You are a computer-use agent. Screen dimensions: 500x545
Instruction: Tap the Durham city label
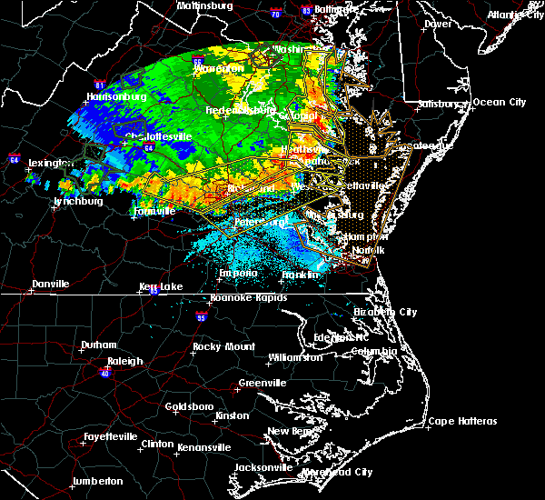click(98, 345)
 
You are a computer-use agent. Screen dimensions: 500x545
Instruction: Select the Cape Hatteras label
click(462, 421)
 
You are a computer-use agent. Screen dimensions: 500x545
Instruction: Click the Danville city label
click(50, 284)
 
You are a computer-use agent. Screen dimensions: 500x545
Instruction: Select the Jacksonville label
click(263, 467)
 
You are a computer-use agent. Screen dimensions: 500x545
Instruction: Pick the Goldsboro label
click(190, 405)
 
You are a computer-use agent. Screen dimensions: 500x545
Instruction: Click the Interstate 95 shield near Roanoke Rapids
click(201, 315)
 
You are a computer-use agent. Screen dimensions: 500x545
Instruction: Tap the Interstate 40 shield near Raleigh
click(105, 373)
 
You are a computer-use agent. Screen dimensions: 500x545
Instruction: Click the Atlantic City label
click(512, 15)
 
